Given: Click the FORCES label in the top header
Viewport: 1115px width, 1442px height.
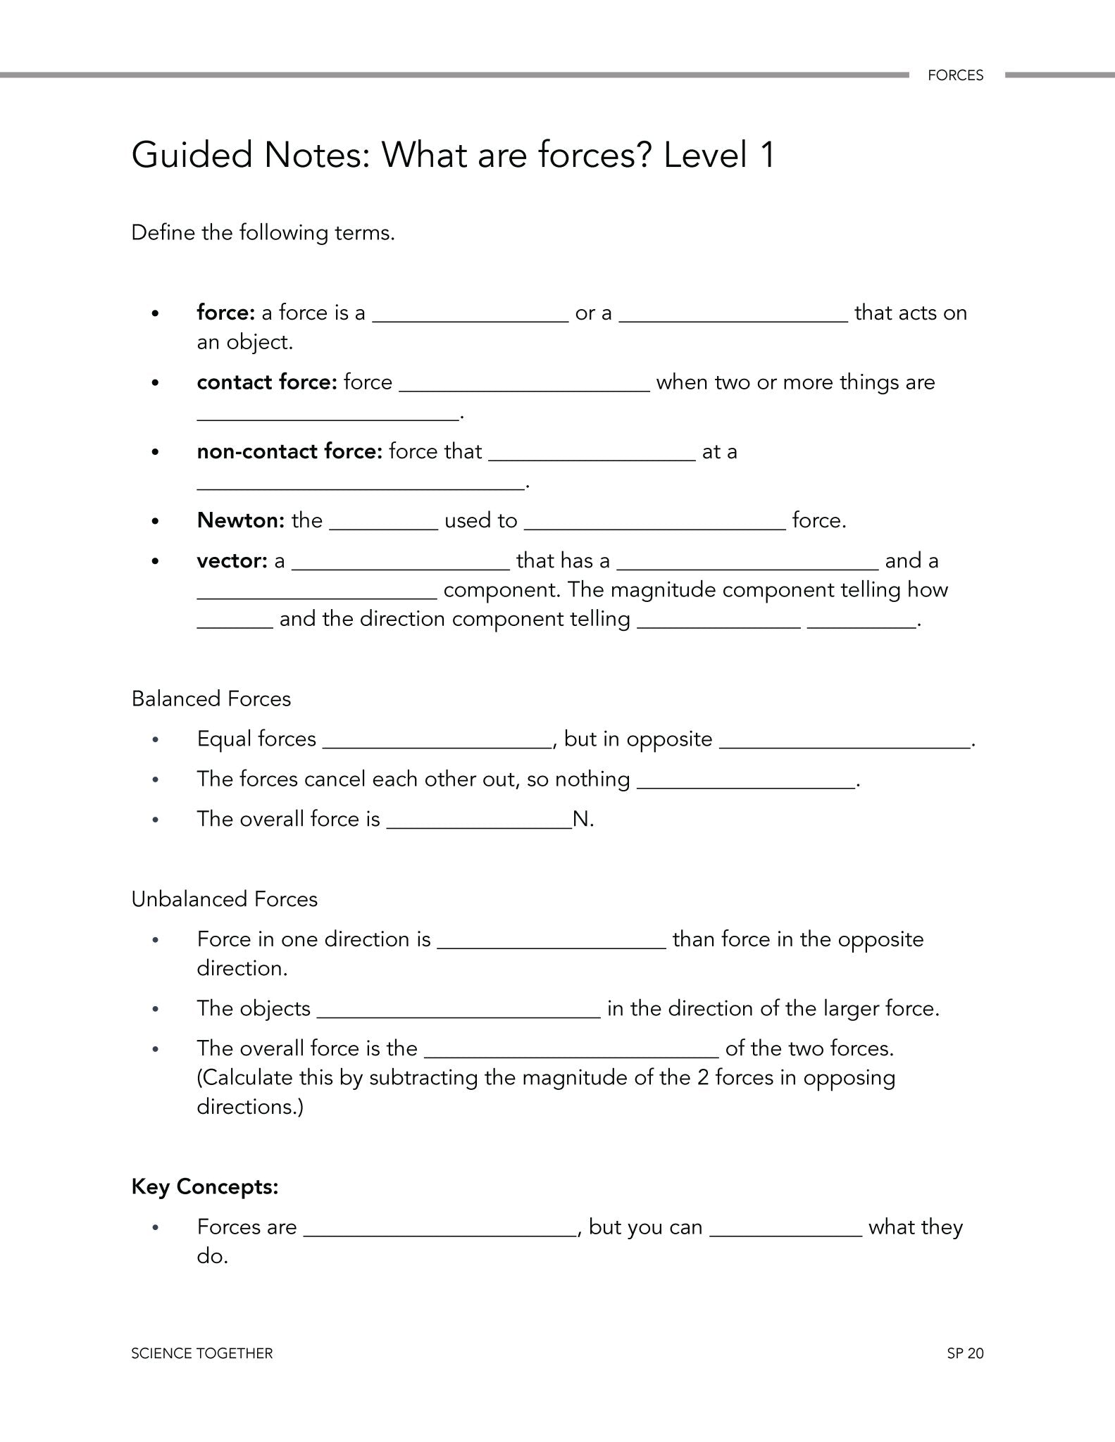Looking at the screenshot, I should coord(955,75).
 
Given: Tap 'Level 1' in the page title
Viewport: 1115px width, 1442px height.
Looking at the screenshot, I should coord(719,155).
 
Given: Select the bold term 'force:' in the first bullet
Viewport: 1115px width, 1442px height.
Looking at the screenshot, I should coord(225,313).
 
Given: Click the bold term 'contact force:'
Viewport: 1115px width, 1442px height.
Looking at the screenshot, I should coord(267,382).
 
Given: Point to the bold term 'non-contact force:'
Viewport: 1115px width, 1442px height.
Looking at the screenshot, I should coord(289,451).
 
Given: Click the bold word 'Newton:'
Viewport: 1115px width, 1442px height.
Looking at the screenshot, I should coord(240,520).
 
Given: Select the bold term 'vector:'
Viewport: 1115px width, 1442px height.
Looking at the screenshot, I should coord(232,561).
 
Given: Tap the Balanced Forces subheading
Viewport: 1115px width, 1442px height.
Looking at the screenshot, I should coord(211,698).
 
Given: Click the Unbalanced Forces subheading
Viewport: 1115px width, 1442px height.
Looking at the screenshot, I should coord(225,899).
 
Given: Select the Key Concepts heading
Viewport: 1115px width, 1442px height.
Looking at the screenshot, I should coord(205,1186).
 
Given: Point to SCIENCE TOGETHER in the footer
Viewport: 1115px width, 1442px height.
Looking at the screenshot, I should coord(202,1353).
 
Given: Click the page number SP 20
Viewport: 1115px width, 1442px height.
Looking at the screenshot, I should coord(965,1353).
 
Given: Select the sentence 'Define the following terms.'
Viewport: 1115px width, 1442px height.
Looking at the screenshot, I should coord(263,233).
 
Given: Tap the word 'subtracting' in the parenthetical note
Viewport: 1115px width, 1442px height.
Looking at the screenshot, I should coord(424,1078).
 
